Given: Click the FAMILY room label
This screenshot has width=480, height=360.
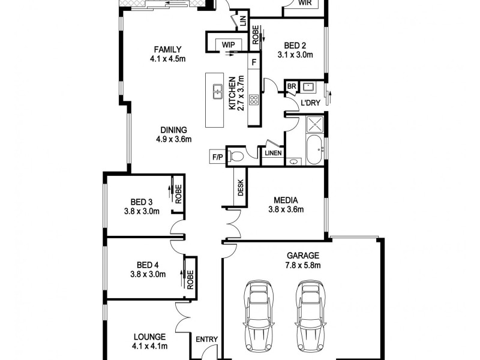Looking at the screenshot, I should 167,49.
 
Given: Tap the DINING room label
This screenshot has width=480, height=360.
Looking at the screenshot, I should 173,130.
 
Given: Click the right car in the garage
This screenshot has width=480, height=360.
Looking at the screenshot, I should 310,315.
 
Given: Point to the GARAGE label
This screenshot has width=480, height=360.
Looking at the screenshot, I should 302,255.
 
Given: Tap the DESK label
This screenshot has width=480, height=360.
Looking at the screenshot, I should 241,189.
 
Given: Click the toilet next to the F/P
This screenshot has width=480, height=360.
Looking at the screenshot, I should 237,156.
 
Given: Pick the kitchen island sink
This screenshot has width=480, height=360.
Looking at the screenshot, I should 216,92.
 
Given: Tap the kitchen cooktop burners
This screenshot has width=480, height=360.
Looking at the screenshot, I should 254,100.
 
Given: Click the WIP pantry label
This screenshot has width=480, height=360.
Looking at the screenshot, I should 228,44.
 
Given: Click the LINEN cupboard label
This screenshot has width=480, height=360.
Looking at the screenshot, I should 274,154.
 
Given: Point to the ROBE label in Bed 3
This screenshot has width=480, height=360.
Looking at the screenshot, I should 178,192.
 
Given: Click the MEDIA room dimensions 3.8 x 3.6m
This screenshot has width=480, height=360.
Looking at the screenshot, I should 286,210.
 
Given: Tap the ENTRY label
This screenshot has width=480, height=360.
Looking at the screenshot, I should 206,340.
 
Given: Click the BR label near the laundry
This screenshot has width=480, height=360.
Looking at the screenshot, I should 292,87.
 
